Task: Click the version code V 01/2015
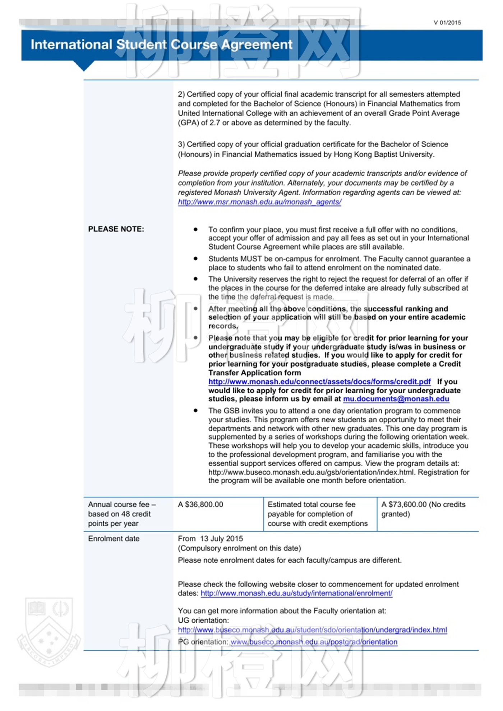tap(447, 23)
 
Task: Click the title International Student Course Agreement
tap(161, 45)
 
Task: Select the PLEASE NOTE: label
tap(116, 229)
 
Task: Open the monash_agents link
tap(259, 202)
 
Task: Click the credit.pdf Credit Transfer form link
tap(319, 382)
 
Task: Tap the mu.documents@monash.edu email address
tap(396, 399)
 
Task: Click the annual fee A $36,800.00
tap(200, 505)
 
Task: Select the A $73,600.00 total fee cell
tap(423, 509)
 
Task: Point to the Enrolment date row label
tap(114, 539)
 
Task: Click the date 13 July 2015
tap(221, 539)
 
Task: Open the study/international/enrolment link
tap(296, 593)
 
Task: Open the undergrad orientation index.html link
tap(312, 630)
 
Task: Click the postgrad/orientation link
tap(314, 642)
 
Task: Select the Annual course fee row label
tap(122, 514)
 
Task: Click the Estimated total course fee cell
tap(318, 514)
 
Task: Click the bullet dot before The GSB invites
tap(195, 410)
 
